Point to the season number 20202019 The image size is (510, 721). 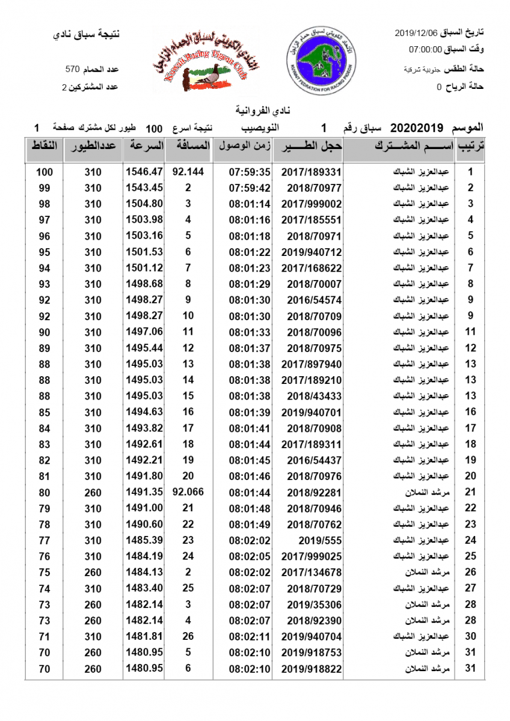pyautogui.click(x=417, y=128)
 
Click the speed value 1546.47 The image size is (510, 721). pyautogui.click(x=144, y=172)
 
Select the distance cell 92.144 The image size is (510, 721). pyautogui.click(x=188, y=172)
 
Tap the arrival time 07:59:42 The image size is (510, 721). pyautogui.click(x=250, y=188)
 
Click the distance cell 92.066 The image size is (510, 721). pyautogui.click(x=188, y=492)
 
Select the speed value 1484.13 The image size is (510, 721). pyautogui.click(x=144, y=572)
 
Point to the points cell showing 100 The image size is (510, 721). pyautogui.click(x=45, y=172)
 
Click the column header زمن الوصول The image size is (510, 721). pyautogui.click(x=245, y=147)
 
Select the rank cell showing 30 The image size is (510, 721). pyautogui.click(x=471, y=636)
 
